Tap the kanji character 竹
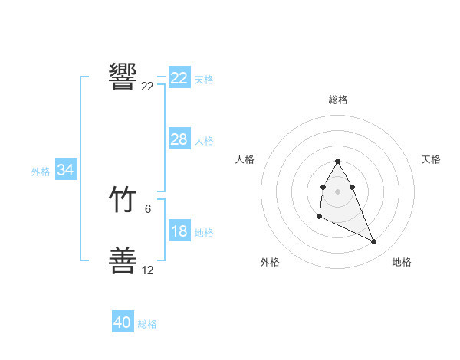tap(123, 201)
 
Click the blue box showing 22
tap(179, 78)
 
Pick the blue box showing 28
tap(179, 139)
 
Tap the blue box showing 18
tap(179, 231)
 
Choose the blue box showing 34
tap(65, 170)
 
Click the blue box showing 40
tap(123, 322)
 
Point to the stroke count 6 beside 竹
tap(148, 208)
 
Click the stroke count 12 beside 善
tap(148, 270)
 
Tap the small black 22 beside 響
tap(148, 87)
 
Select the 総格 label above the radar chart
tap(338, 100)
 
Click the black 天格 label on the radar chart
tap(432, 159)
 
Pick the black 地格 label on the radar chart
tap(402, 262)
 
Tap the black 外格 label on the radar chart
tap(270, 262)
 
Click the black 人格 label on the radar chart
tap(245, 159)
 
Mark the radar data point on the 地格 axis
tap(374, 242)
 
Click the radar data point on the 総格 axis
tap(338, 161)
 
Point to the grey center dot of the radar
tap(338, 191)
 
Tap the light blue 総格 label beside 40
tap(147, 324)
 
